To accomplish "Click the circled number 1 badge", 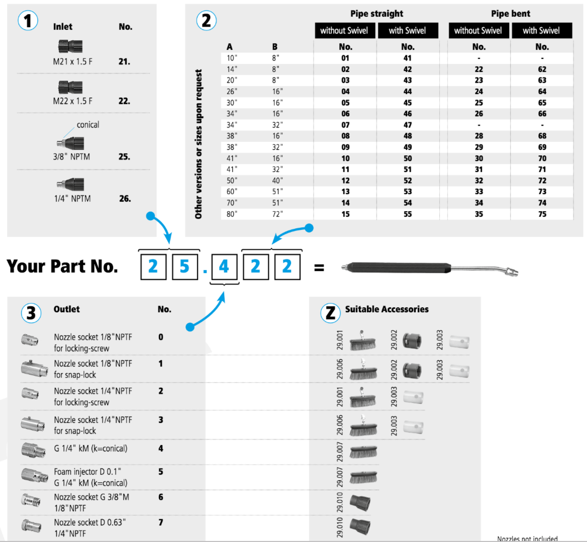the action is click(x=28, y=21).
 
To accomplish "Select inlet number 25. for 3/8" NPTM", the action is click(x=124, y=156).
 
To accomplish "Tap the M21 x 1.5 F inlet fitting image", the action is click(x=70, y=46).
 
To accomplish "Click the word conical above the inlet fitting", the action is click(x=88, y=125).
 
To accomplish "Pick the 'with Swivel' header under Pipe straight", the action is click(x=408, y=31).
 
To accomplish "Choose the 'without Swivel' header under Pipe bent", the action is click(x=478, y=31).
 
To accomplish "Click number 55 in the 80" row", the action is click(x=408, y=214).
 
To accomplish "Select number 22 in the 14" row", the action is click(x=479, y=69).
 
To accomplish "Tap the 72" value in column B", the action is click(x=277, y=214).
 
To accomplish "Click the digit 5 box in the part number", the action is click(x=184, y=266).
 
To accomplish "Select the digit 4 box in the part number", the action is click(x=224, y=266).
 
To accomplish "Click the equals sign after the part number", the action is click(x=319, y=267).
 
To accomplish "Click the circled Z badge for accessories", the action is click(x=330, y=313).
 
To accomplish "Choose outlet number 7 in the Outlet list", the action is click(x=161, y=522).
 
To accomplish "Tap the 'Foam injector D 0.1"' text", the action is click(x=87, y=472).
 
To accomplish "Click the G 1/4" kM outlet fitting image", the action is click(x=34, y=450).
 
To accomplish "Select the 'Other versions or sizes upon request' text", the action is click(x=199, y=144).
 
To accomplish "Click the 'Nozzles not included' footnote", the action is click(x=527, y=538).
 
